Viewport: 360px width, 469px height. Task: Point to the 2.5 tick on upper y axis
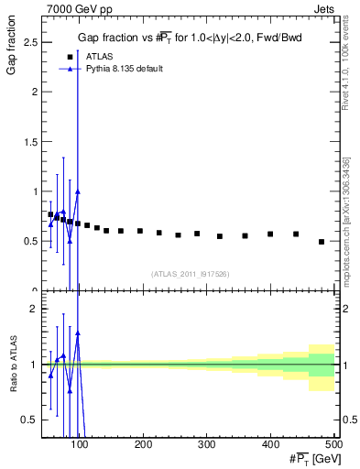tap(30, 42)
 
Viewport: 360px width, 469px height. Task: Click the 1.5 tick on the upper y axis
tap(30, 142)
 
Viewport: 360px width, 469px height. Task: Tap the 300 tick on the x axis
tap(206, 445)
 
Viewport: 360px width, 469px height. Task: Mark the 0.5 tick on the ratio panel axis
tap(30, 420)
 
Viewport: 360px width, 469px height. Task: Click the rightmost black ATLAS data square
tap(322, 242)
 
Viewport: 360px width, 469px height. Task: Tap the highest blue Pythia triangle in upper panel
tap(78, 191)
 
